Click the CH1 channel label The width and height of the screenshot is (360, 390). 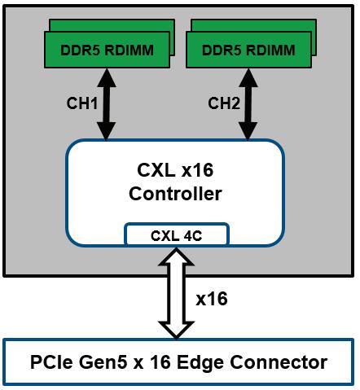coord(82,103)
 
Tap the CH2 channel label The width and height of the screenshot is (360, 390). coord(224,103)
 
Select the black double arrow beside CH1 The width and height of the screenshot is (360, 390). coord(107,104)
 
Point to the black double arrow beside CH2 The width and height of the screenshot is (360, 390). coord(248,104)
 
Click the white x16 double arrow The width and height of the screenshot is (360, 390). coord(177,293)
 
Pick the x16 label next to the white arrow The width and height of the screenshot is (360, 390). coord(212,299)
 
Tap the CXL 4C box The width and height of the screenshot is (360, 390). coord(177,234)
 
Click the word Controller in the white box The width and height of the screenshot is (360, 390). coord(175,194)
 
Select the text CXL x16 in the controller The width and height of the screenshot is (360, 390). coord(175,170)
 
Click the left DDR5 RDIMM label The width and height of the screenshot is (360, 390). coord(107,50)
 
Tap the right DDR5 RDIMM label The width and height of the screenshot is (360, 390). coord(248,50)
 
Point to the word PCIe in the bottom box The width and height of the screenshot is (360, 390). coord(51,362)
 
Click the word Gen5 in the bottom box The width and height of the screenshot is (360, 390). coord(103,362)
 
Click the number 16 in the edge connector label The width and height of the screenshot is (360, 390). coord(160,362)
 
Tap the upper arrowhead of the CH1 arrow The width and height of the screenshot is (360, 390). coord(107,78)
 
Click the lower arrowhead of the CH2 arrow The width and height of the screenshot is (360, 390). coord(248,131)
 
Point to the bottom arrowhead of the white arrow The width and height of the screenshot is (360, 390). coord(177,331)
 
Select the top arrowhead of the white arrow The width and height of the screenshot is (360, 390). coord(177,256)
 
